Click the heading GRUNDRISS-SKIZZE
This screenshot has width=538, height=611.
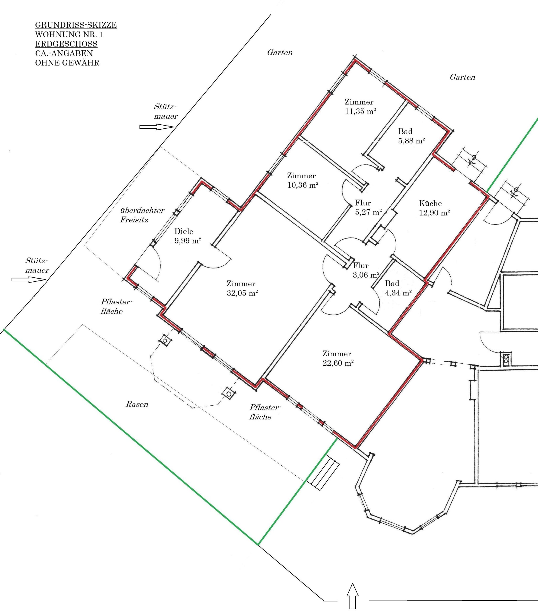coord(76,25)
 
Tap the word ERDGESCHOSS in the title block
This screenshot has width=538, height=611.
coord(66,44)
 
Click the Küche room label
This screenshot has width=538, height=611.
coord(430,203)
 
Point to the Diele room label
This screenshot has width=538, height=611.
coord(184,231)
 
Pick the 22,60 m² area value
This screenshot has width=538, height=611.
coord(338,363)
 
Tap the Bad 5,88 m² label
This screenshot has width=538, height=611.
coord(411,136)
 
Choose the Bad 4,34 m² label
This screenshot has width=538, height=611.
coord(398,288)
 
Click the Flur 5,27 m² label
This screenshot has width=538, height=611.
coord(368,207)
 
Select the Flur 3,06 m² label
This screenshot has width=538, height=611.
coord(366,270)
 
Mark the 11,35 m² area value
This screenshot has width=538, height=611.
coord(360,111)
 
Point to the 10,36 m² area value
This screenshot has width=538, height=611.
coord(303,185)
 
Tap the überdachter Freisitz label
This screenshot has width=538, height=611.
coord(142,215)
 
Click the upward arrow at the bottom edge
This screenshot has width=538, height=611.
coord(353,596)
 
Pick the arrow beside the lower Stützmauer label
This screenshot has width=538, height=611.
coord(29,279)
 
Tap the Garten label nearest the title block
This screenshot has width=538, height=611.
coord(280,53)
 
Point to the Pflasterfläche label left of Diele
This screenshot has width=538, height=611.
coord(116,306)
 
